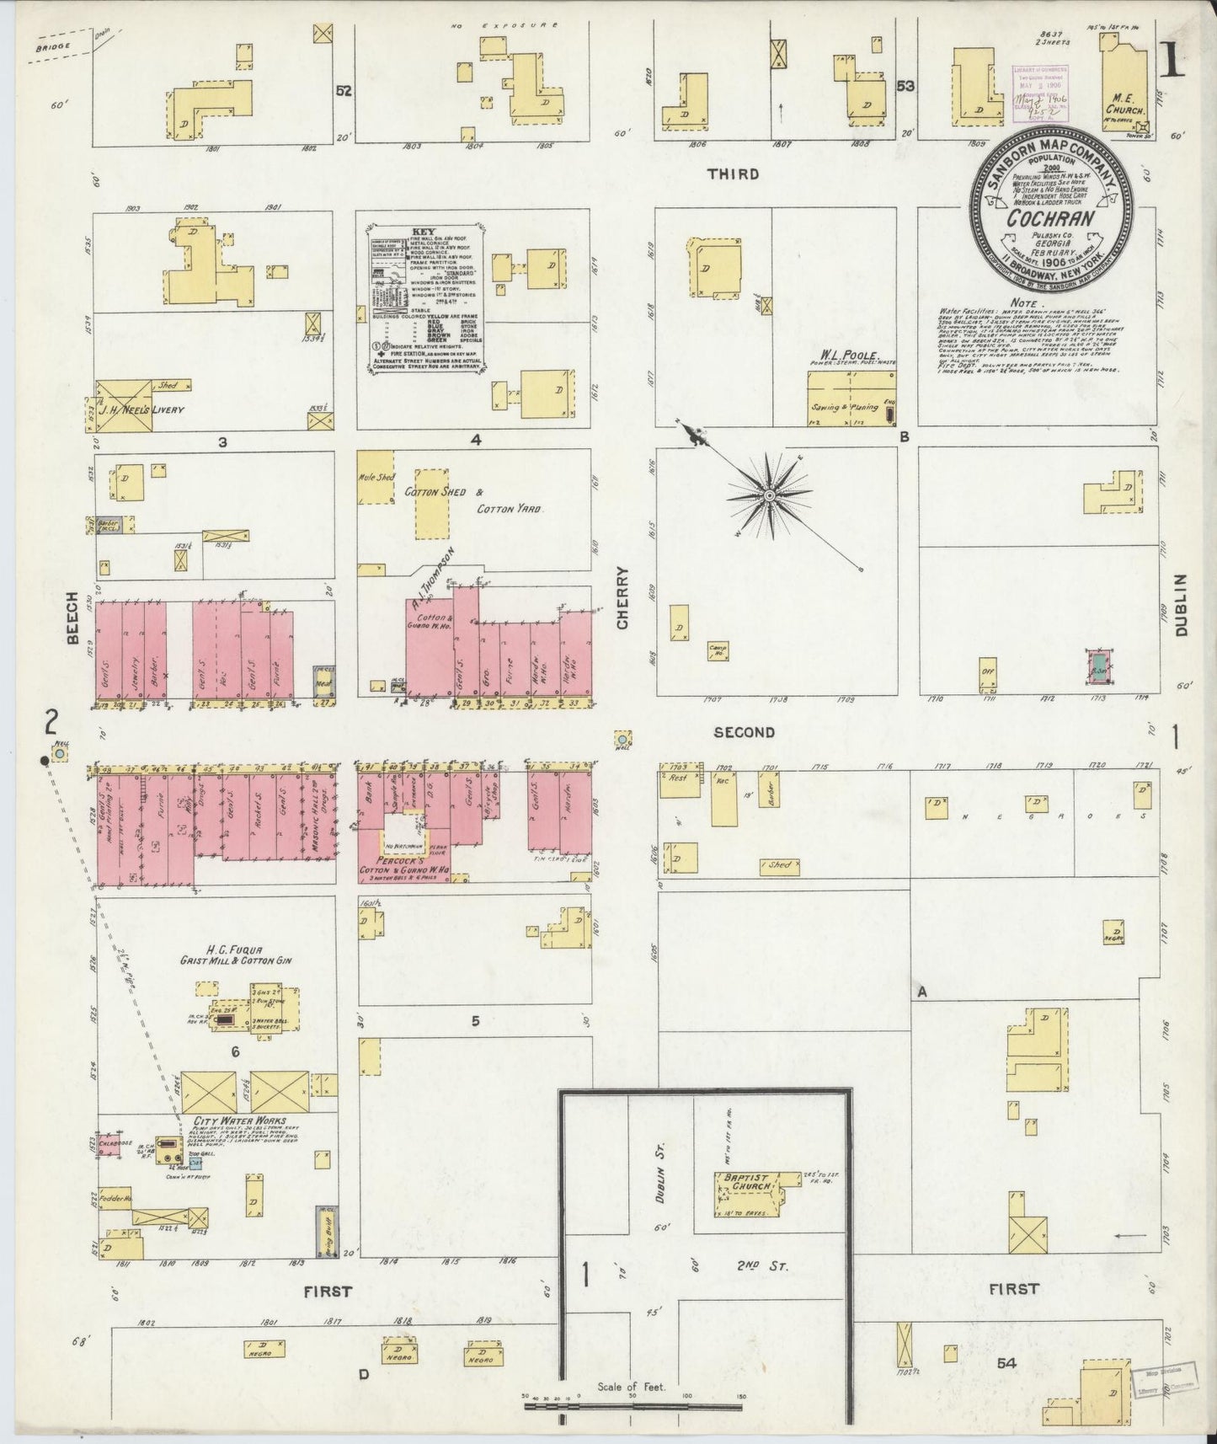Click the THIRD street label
tap(733, 174)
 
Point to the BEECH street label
tap(72, 628)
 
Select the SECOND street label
tap(744, 732)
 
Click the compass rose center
tap(768, 496)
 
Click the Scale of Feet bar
tap(632, 1404)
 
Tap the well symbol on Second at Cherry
tap(622, 739)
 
